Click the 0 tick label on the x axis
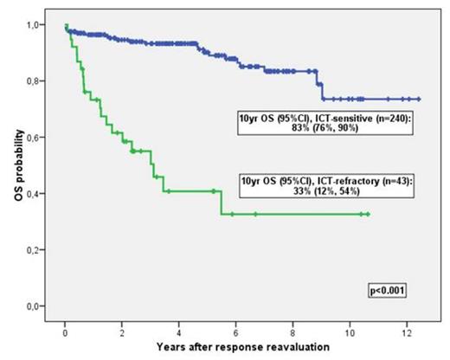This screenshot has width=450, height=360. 66,330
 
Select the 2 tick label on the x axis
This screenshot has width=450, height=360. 123,330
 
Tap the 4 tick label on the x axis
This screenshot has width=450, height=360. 180,330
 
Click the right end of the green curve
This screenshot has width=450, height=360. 369,214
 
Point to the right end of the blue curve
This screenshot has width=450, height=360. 419,100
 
